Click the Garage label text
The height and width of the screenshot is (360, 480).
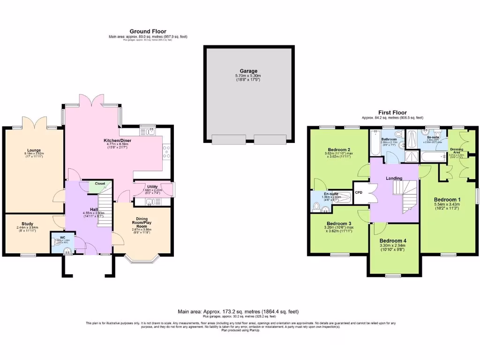click(x=248, y=71)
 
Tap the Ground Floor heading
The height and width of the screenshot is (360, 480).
click(x=148, y=31)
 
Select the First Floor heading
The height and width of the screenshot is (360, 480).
click(x=392, y=113)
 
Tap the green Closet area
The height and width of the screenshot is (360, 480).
click(x=100, y=184)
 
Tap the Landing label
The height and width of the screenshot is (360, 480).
click(x=394, y=178)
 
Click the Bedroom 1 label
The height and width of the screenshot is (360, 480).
click(x=446, y=200)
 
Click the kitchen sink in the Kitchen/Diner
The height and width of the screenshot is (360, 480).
click(x=150, y=132)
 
